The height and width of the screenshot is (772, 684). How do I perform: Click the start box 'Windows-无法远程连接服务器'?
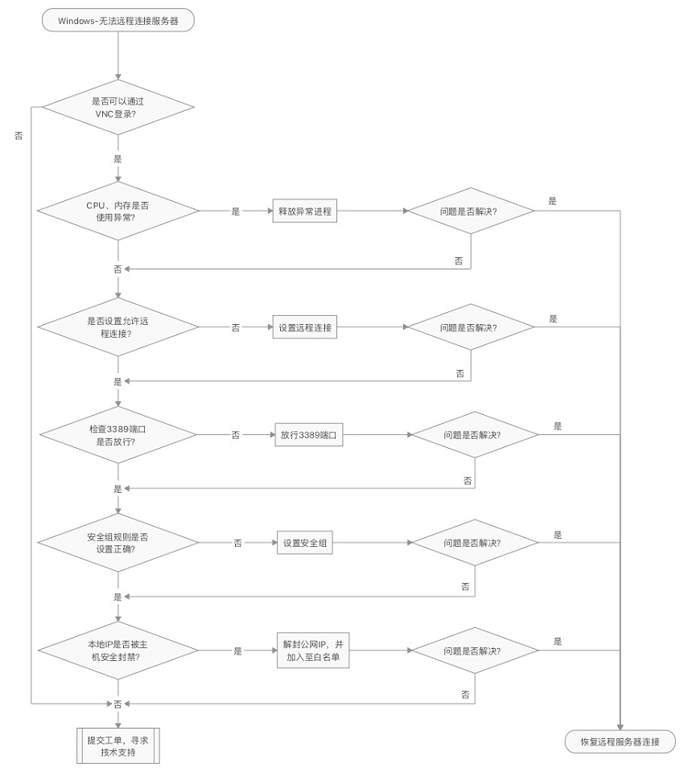tap(118, 20)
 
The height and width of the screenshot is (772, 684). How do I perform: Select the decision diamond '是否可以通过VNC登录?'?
tap(118, 108)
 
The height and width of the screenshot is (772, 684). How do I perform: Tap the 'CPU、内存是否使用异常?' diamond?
tap(118, 211)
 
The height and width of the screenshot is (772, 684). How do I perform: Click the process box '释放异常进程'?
tap(305, 211)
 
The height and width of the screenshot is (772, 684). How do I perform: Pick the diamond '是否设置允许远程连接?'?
tap(118, 327)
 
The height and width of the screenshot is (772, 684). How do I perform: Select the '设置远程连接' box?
tap(305, 328)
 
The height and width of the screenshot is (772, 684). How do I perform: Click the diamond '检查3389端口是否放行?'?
tap(118, 435)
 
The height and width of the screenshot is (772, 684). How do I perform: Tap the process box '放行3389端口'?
tap(307, 435)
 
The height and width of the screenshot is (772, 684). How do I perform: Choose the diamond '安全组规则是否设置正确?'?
tap(118, 543)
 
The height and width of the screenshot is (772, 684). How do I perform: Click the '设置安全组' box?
tap(305, 543)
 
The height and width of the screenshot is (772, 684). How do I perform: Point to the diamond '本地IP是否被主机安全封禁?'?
tap(118, 651)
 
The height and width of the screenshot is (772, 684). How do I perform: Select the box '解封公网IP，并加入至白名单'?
tap(311, 651)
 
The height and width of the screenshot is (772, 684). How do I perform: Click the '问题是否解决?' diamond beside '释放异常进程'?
tap(470, 211)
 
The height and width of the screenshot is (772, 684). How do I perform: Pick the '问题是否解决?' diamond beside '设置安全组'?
tap(474, 543)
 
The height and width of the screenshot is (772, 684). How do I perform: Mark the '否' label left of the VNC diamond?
tap(19, 136)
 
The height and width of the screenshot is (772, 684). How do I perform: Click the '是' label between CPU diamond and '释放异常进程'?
tap(236, 211)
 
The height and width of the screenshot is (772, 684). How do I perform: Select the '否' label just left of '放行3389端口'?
tap(236, 435)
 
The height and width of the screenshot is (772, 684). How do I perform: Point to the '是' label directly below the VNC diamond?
tap(118, 159)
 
